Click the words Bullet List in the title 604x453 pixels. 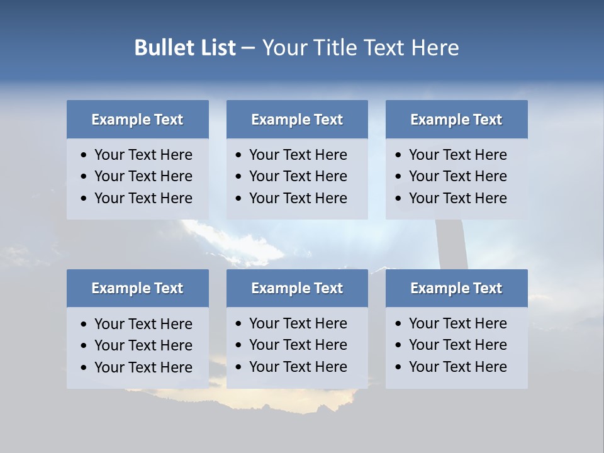click(185, 48)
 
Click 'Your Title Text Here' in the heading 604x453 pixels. click(361, 48)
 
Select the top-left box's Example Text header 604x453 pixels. click(137, 120)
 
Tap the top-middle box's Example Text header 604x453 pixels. click(297, 120)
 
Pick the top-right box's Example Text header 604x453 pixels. click(456, 120)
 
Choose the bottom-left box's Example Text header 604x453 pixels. click(137, 288)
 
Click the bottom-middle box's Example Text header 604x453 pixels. click(297, 288)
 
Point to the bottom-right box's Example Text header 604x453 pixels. click(456, 288)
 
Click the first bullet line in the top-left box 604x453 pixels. click(143, 155)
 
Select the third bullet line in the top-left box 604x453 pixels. click(143, 198)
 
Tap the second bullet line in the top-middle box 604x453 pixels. click(298, 176)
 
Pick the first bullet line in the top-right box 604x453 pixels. click(457, 155)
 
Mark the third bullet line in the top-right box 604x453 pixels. click(457, 198)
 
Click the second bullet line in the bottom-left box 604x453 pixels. click(143, 345)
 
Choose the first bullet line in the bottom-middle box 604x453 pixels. click(298, 323)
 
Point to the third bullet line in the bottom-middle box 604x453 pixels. click(298, 367)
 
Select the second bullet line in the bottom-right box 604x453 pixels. click(457, 345)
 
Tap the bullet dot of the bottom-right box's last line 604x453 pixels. click(398, 367)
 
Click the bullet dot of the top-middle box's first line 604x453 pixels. click(238, 155)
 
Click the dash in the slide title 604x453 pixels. click(249, 48)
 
